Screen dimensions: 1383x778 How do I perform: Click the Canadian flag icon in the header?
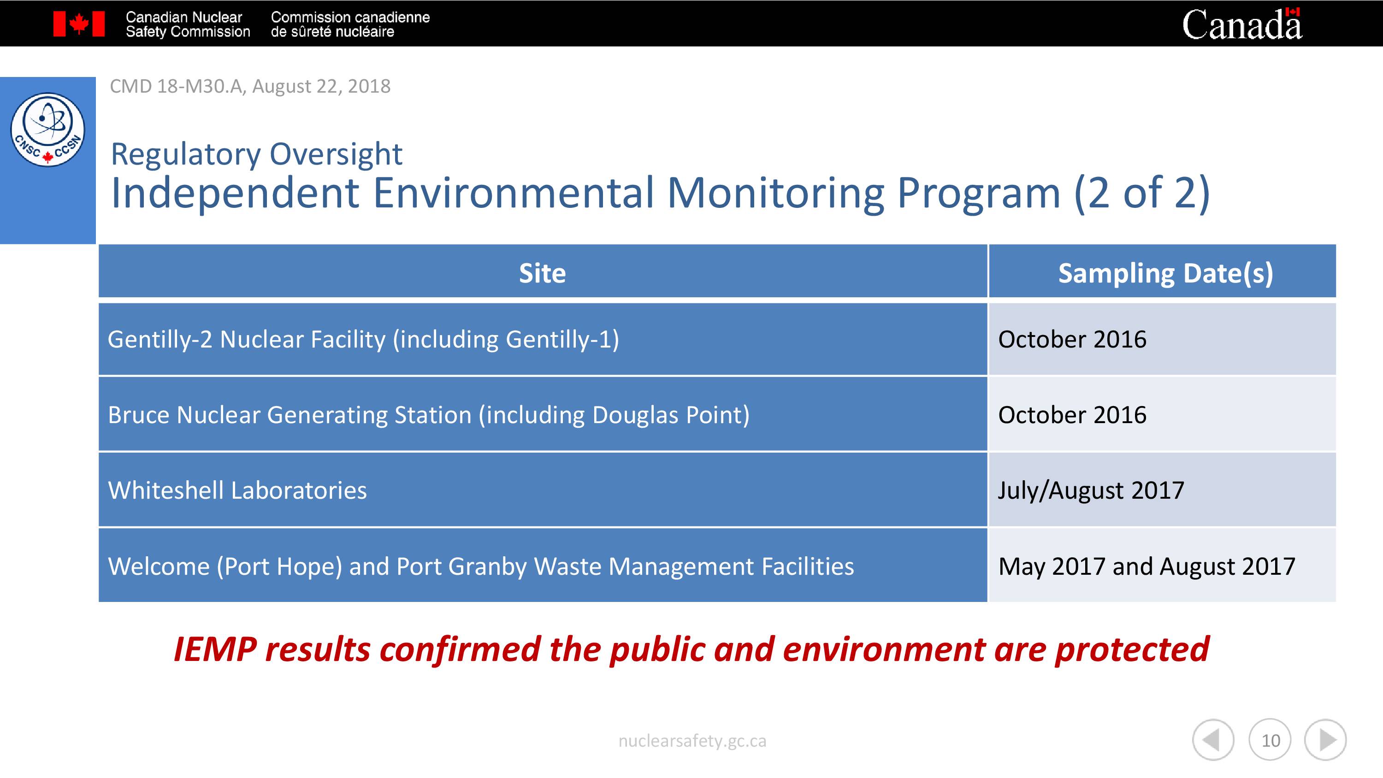tap(79, 24)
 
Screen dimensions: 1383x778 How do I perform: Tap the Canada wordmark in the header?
tap(1242, 24)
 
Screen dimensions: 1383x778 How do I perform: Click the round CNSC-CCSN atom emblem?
tap(48, 130)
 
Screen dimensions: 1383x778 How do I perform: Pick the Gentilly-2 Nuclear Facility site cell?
tap(543, 339)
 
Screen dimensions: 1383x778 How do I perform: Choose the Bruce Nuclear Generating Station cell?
tap(543, 414)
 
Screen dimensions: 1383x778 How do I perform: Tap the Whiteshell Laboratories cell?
tap(543, 489)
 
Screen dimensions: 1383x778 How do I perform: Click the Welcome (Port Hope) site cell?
tap(543, 566)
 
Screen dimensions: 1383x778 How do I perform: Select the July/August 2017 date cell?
tap(1162, 489)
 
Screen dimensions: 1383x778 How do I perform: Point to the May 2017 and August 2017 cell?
tap(1162, 566)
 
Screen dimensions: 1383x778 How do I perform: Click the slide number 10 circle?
tap(1270, 740)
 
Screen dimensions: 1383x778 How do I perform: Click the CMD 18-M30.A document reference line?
tap(250, 86)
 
